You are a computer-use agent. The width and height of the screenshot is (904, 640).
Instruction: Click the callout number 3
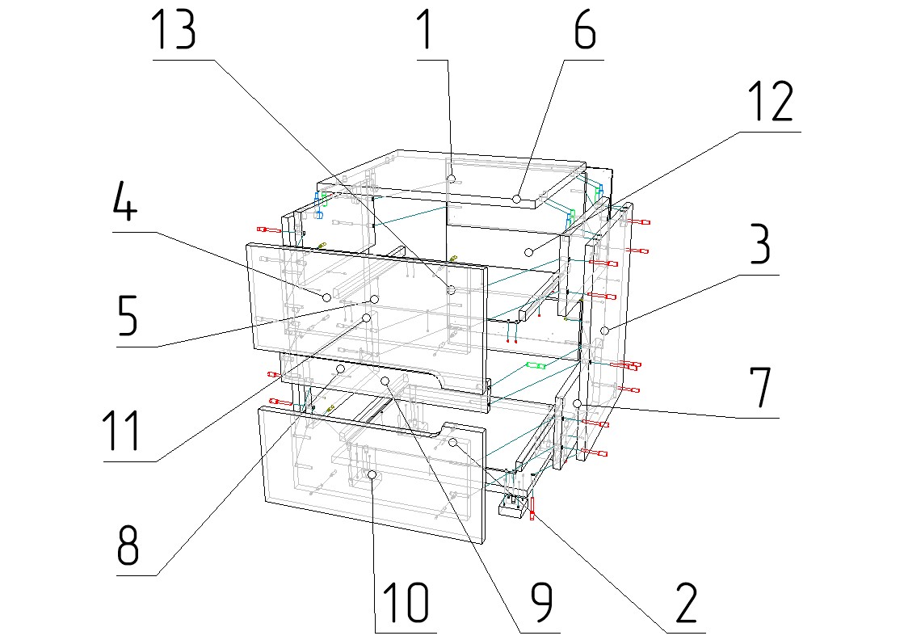click(x=759, y=246)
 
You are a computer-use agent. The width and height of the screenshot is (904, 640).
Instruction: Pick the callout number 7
click(x=760, y=389)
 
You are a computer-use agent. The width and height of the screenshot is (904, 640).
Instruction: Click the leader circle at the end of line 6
click(x=516, y=198)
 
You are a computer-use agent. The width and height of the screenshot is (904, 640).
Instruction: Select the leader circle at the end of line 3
click(x=604, y=330)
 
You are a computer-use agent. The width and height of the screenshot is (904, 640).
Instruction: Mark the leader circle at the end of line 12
click(x=529, y=252)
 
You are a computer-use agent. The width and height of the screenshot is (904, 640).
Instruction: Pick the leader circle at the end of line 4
click(x=327, y=297)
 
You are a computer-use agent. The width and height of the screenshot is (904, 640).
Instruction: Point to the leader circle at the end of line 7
click(x=578, y=402)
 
